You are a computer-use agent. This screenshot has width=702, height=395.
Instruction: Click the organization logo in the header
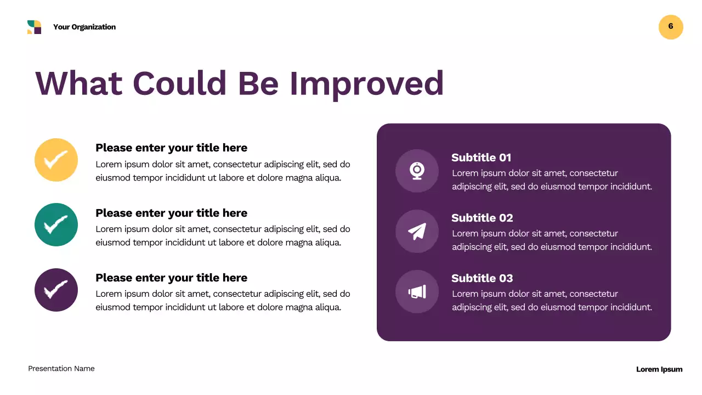tap(34, 27)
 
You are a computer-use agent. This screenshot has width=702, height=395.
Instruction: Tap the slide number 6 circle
tap(671, 27)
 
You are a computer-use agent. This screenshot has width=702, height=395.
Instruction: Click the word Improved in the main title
tap(366, 83)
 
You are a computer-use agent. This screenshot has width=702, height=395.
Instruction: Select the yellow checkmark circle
tap(56, 160)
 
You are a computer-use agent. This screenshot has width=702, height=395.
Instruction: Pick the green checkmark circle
tap(56, 224)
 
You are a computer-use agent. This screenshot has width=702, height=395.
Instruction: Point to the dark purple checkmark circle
tap(56, 290)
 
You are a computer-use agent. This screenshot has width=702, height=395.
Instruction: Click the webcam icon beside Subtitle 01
tap(417, 171)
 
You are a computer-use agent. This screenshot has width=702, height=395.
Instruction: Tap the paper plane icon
tap(417, 231)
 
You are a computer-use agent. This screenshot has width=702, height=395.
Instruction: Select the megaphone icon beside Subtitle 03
tap(417, 291)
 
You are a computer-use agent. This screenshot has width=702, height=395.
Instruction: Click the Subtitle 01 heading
tap(481, 157)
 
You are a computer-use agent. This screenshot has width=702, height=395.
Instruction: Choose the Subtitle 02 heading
tap(482, 218)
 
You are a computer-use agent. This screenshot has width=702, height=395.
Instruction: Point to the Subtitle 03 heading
tap(482, 278)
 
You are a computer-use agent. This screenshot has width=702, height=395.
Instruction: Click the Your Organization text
tap(84, 27)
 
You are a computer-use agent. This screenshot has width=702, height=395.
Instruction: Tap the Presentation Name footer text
tap(61, 369)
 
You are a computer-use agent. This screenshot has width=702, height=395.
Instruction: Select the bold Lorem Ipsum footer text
tap(659, 369)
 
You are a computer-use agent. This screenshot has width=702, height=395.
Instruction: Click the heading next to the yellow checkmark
tap(171, 148)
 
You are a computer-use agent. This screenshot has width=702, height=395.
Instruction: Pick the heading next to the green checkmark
tap(171, 213)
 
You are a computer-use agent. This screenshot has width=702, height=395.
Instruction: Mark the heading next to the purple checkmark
tap(171, 278)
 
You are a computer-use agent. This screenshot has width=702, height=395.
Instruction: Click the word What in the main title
tap(79, 83)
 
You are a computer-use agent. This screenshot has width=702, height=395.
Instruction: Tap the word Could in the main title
tap(179, 83)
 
